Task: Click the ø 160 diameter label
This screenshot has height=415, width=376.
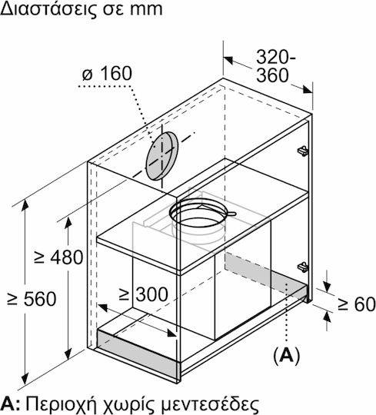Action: (x=107, y=73)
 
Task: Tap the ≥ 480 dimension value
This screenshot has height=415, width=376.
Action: (x=58, y=257)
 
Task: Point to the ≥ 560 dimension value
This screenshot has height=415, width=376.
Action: (x=32, y=299)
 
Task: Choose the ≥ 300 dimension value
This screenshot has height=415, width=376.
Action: (x=144, y=294)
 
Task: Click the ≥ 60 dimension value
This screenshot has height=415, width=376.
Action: (x=357, y=304)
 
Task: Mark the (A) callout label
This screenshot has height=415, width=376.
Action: (x=287, y=356)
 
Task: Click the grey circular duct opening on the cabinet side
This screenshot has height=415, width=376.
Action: (x=161, y=156)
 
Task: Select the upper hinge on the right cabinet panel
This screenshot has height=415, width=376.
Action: (x=303, y=151)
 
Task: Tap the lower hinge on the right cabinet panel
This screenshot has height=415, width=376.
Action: (x=303, y=267)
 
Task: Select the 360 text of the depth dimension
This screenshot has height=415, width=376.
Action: (x=272, y=75)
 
